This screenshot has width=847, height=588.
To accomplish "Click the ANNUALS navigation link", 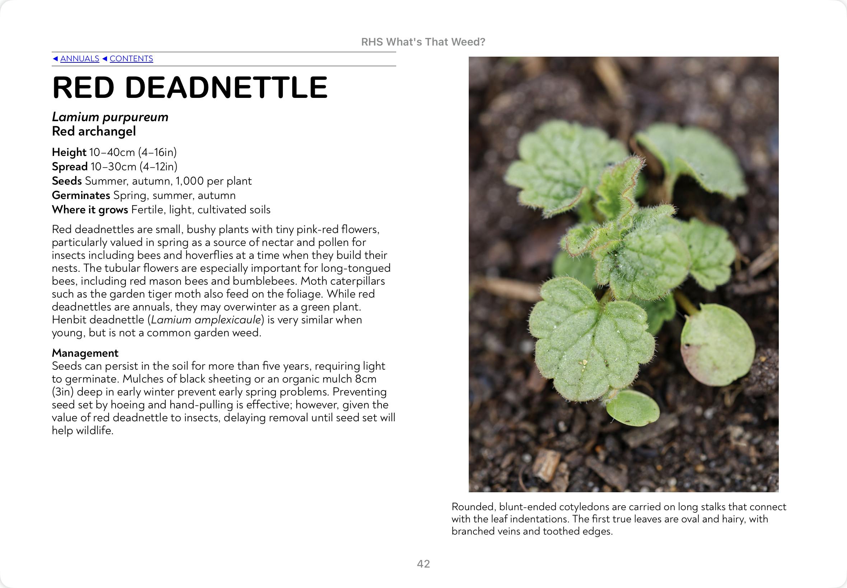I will (x=80, y=58).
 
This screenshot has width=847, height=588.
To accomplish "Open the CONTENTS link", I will (x=131, y=58).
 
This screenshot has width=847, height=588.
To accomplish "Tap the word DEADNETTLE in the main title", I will (x=226, y=88).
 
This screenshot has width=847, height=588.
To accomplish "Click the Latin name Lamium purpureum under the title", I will (x=110, y=117).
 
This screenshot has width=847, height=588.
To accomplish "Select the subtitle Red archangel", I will (x=94, y=131).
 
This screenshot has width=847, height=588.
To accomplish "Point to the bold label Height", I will (x=69, y=152).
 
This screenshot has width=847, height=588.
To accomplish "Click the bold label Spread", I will (x=70, y=166).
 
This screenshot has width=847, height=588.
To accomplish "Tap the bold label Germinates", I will (x=81, y=195).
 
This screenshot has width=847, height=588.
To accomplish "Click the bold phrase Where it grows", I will (x=90, y=210).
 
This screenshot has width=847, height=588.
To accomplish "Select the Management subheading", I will (x=85, y=353).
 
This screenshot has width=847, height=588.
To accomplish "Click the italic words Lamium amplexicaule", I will (x=206, y=320).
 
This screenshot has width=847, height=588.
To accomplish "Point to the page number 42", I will (x=423, y=564).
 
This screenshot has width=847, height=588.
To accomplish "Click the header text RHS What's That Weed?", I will (x=423, y=42).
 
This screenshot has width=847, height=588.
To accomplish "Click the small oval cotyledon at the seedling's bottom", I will (x=633, y=408).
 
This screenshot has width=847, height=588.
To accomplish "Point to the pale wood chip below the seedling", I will (x=547, y=465).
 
